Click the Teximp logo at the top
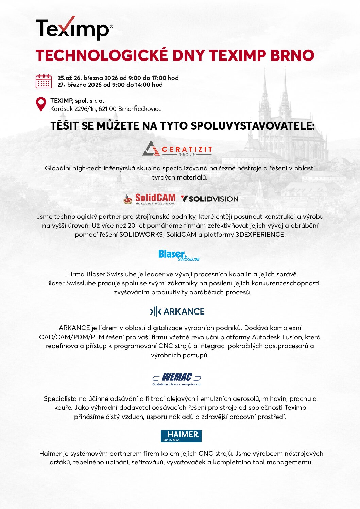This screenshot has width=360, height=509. tap(74, 28)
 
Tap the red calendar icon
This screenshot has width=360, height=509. tap(44, 82)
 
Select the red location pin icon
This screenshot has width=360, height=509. tap(41, 104)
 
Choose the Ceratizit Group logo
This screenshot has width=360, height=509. tap(177, 149)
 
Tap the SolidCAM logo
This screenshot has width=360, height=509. tap(150, 199)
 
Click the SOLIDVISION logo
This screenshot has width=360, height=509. tap(209, 199)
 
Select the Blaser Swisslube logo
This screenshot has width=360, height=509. tap(179, 255)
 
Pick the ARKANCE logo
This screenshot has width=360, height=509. tap(177, 311)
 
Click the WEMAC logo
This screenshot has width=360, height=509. tap(177, 379)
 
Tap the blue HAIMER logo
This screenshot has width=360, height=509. tap(181, 436)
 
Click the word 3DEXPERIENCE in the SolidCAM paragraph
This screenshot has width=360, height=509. tap(260, 234)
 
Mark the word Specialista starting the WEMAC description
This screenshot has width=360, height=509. tap(60, 398)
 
